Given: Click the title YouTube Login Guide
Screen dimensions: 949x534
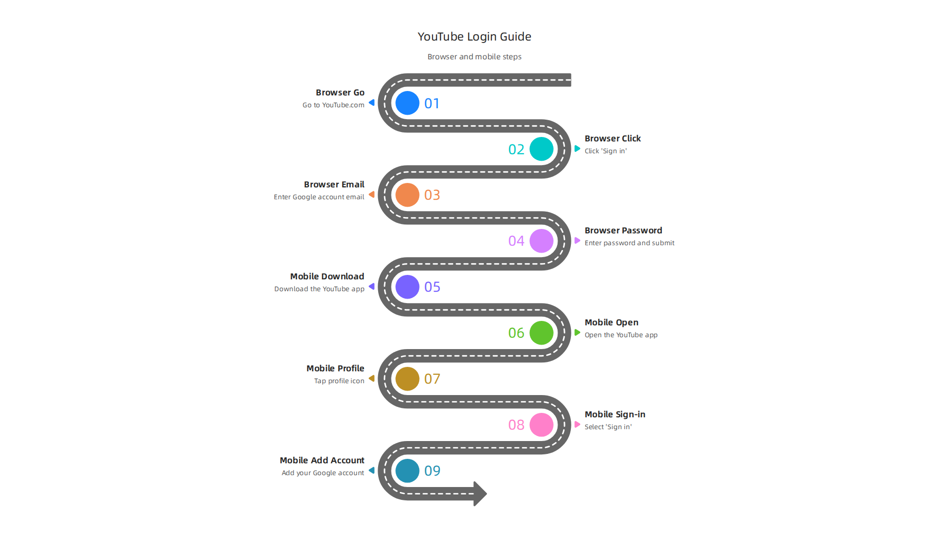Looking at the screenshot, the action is tap(474, 37).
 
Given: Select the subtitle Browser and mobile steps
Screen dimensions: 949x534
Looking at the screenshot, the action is tap(474, 57).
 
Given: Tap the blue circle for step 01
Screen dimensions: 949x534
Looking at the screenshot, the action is tap(407, 103).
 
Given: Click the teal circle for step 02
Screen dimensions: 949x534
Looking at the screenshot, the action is tap(542, 149).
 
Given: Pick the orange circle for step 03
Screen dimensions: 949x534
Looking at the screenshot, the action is tap(407, 195).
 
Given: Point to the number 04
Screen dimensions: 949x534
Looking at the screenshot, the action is tap(516, 241).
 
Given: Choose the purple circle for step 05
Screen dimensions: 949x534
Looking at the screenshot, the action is tap(407, 287).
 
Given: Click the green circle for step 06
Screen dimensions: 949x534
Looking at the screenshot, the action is tap(542, 333).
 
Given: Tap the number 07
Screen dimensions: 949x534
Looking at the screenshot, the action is tap(432, 379).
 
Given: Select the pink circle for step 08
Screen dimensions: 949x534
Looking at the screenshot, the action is tap(542, 425).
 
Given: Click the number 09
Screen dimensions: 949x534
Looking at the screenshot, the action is tap(432, 471).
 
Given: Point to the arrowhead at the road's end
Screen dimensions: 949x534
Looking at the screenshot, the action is tap(480, 493).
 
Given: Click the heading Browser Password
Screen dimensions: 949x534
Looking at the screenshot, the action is tap(623, 230).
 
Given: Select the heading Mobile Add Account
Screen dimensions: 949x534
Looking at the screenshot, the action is tap(322, 460).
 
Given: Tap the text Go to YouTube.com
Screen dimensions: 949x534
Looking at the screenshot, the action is tap(333, 105).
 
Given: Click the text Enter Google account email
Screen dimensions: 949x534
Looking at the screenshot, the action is tap(319, 197).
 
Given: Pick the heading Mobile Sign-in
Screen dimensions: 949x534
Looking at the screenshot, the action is tap(615, 414).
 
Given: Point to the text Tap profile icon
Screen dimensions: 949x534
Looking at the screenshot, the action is tap(339, 381).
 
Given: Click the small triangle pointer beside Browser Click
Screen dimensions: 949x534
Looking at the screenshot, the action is tap(577, 148).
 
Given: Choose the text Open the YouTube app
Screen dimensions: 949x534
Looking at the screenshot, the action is tap(621, 335).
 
